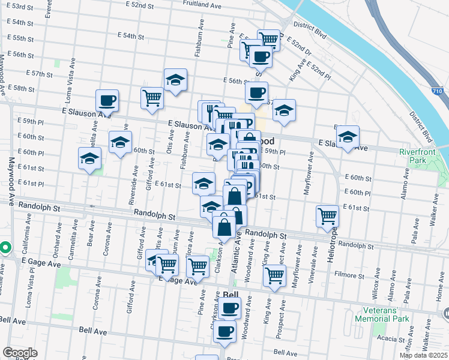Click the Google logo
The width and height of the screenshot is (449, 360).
click(20, 353)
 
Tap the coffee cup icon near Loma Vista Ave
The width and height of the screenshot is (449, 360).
click(107, 100)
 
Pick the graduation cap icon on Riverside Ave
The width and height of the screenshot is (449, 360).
click(120, 142)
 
